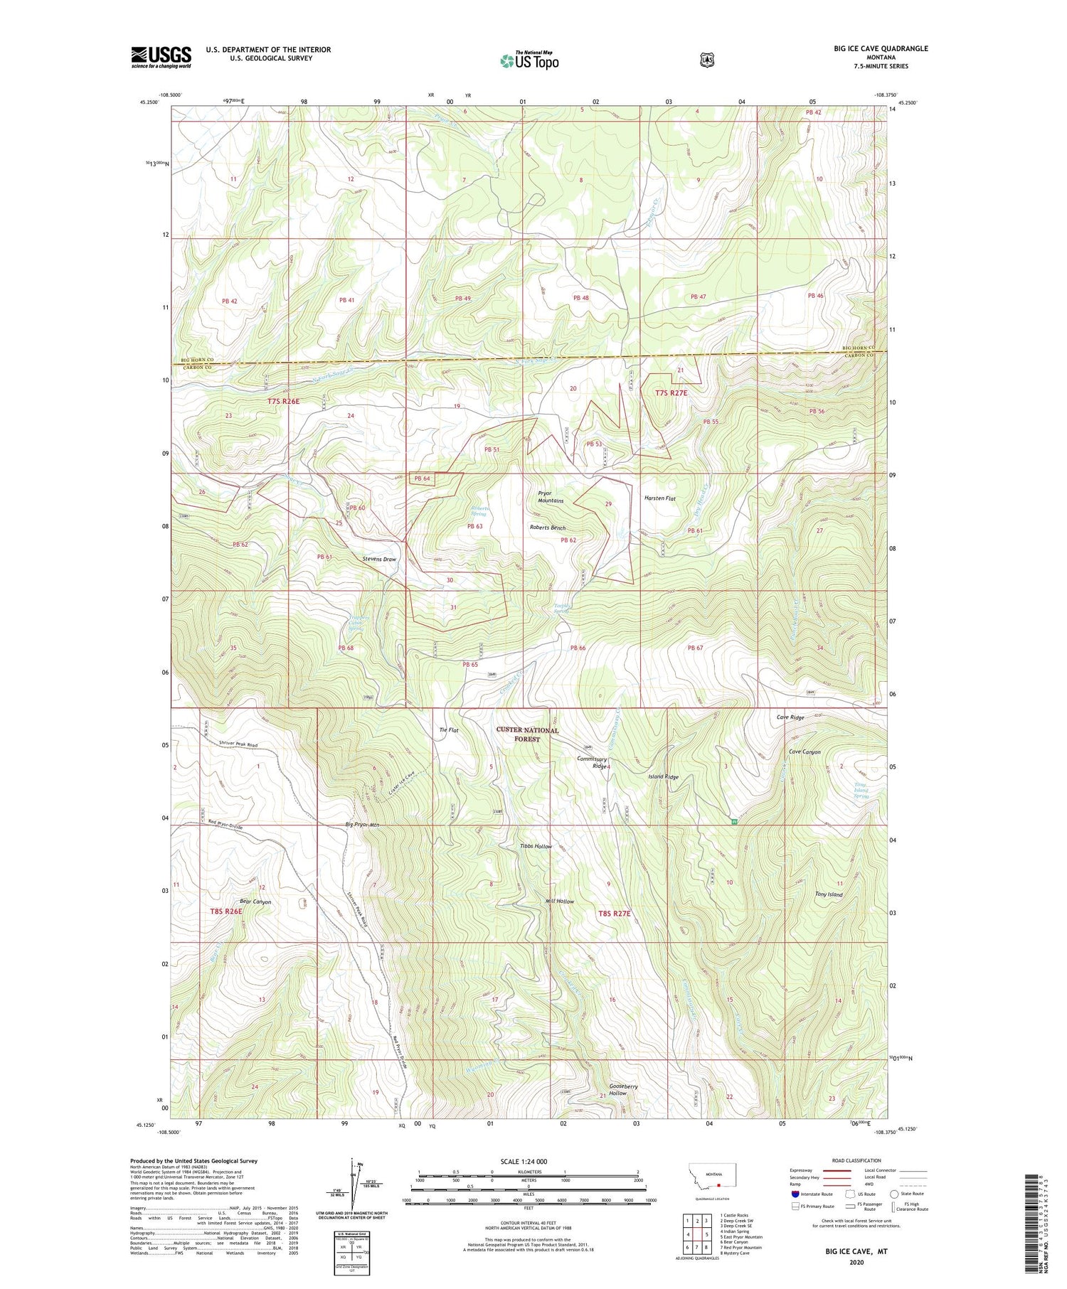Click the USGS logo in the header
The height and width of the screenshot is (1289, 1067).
point(161,57)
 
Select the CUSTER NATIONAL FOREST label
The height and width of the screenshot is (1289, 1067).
point(527,734)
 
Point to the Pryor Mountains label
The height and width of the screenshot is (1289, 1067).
point(551,496)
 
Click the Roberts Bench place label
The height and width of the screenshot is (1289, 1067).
point(547,528)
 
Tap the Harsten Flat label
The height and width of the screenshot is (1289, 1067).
point(659,498)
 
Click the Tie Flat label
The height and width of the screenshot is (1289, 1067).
point(449,730)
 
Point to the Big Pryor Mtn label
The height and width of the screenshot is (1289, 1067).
point(363,825)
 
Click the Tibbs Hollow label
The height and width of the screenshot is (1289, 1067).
point(536,846)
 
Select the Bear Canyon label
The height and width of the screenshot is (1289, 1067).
point(255,902)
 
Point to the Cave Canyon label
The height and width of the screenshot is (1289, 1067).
point(805,752)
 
